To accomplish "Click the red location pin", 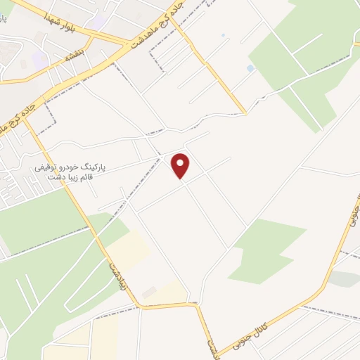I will pos(181,165).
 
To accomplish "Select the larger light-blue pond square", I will pos(250,68).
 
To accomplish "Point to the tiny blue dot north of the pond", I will pos(223,35).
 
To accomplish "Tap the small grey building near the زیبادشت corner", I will pos(148,292).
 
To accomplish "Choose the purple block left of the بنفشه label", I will pos(40,62).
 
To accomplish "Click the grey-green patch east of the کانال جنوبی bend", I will pos(344,279).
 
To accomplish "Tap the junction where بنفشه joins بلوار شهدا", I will pos(112,39).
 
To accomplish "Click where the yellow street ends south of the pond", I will pos(244,112).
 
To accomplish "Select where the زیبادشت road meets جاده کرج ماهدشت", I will pos(28,120).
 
